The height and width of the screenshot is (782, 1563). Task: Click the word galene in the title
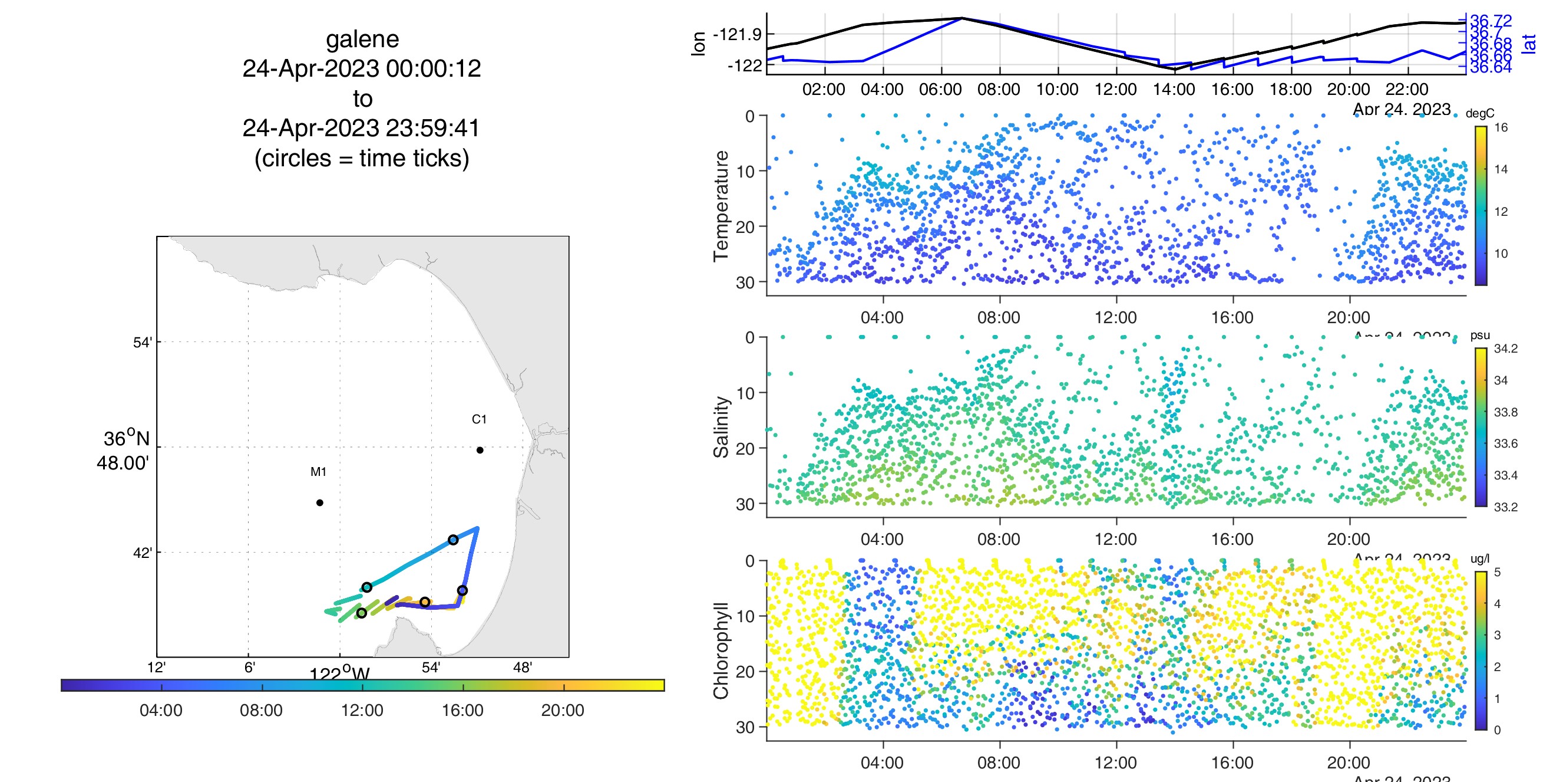click(x=362, y=40)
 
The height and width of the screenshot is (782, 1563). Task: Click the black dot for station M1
click(x=320, y=502)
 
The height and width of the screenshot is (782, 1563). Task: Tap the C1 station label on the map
click(x=479, y=419)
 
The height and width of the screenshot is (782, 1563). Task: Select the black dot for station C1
click(x=480, y=450)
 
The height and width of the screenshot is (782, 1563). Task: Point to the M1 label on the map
click(x=318, y=472)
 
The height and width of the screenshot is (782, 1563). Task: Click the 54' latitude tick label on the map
click(x=143, y=343)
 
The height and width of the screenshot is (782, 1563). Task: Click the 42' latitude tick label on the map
click(x=143, y=553)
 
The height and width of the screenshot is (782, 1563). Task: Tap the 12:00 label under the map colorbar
click(x=362, y=711)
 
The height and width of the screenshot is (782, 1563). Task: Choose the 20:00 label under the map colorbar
click(x=563, y=711)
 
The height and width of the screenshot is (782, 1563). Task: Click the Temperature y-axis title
click(x=721, y=206)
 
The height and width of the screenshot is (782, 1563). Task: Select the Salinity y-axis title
click(x=721, y=427)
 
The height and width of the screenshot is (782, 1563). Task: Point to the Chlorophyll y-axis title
click(x=721, y=650)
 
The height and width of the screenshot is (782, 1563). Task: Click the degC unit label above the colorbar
click(x=1479, y=114)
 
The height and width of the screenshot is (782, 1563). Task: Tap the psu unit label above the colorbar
click(x=1480, y=335)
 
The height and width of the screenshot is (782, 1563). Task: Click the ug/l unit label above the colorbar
click(x=1480, y=558)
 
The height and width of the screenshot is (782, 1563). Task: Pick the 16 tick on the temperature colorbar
click(x=1501, y=127)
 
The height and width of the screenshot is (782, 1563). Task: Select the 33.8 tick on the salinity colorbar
click(x=1505, y=412)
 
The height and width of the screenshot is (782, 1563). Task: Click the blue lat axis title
click(x=1529, y=44)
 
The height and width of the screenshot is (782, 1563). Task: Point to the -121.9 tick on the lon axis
click(x=737, y=35)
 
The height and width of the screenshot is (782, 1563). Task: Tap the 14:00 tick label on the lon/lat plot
click(x=1174, y=90)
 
